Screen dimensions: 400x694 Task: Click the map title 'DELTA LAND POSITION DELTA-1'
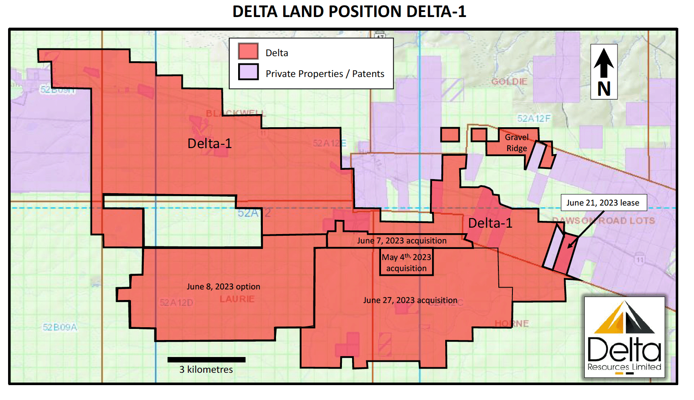(349, 11)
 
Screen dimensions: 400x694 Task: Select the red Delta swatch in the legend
(248, 51)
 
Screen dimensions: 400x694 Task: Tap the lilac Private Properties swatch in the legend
(248, 72)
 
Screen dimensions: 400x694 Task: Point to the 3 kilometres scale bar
(206, 360)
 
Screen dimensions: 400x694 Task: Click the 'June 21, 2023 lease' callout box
(603, 203)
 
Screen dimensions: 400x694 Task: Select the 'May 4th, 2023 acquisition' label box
(406, 263)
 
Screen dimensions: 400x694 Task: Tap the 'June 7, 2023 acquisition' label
(401, 240)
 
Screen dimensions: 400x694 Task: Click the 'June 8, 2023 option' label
(223, 286)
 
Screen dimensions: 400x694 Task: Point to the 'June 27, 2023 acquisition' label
(410, 300)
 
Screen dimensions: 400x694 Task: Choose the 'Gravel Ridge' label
(516, 143)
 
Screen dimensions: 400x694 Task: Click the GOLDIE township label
(509, 81)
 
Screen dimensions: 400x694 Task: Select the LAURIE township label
(237, 299)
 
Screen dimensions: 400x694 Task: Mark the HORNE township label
(512, 323)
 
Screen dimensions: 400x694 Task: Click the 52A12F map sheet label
(533, 118)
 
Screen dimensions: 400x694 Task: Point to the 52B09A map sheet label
(60, 327)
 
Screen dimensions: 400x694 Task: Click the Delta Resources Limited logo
(624, 337)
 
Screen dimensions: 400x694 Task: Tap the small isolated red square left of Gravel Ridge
(449, 135)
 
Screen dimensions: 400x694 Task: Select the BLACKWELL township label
(236, 113)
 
